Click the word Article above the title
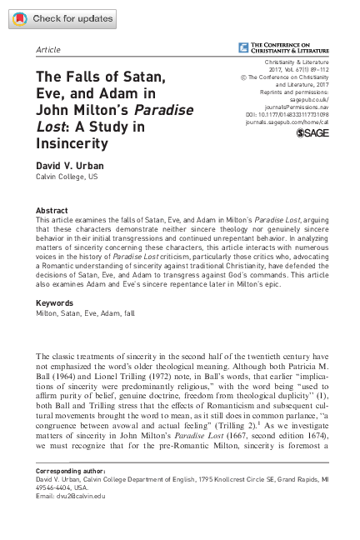[48, 50]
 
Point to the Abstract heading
[52, 211]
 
